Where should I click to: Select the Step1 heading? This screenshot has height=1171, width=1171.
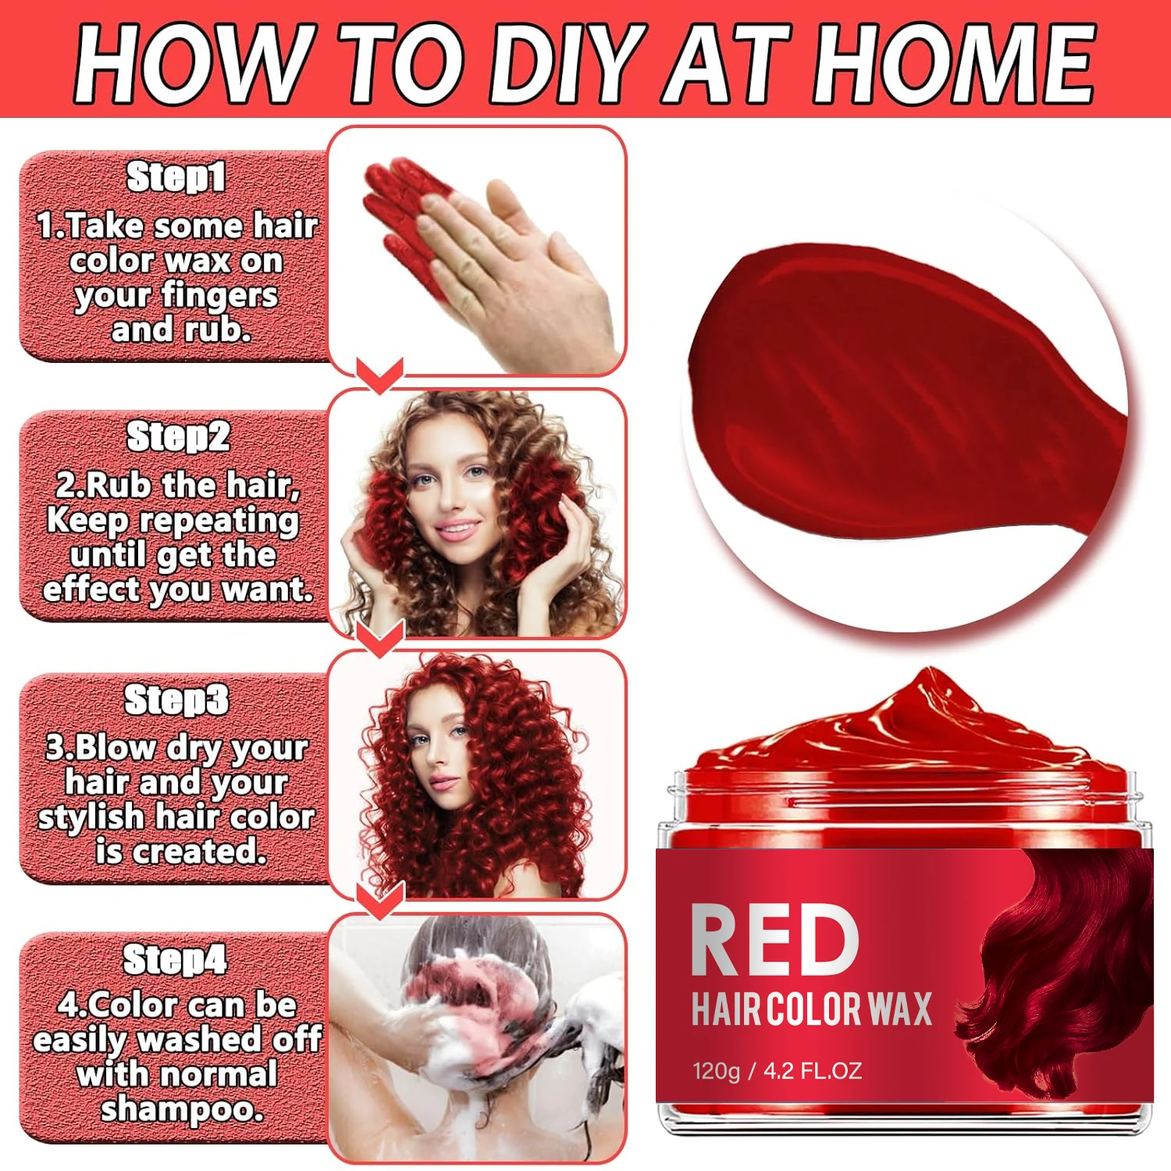point(176,177)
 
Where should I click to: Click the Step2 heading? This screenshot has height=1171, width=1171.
point(178,436)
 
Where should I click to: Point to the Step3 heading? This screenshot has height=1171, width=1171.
point(176,699)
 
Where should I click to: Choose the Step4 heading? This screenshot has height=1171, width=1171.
point(175,959)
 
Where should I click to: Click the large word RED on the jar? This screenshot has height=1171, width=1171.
point(774,941)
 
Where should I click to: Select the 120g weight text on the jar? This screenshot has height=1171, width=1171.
point(716,1070)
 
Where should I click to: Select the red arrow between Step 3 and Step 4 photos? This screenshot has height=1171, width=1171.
point(379,900)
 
